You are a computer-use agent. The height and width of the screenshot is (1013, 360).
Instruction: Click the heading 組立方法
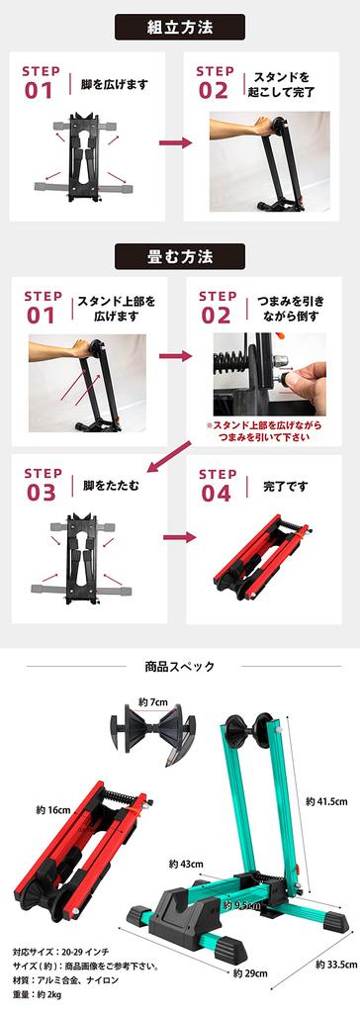coord(179,26)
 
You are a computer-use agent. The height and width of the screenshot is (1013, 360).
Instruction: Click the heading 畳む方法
coord(179,256)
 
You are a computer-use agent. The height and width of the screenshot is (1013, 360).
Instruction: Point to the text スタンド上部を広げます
coord(113,309)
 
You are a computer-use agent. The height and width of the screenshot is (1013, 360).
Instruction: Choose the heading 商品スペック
coord(179,666)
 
